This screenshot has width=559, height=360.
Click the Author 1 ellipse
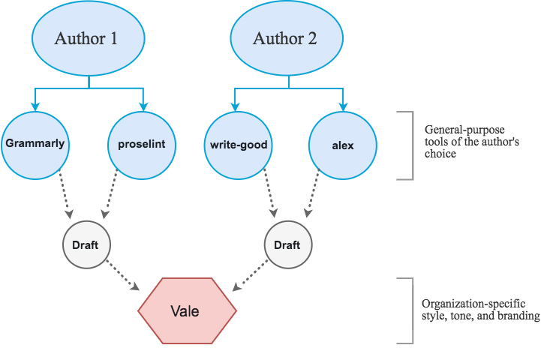(86, 39)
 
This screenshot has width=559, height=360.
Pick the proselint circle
(142, 144)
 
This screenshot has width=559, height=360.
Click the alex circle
(343, 144)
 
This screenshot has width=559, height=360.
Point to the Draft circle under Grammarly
(86, 245)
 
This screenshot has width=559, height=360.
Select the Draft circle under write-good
(287, 245)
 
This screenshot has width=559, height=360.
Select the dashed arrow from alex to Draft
(314, 196)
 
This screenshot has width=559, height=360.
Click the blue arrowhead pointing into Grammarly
(34, 105)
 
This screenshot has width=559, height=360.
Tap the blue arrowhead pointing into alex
(343, 105)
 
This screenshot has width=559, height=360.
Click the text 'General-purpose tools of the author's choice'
(461, 141)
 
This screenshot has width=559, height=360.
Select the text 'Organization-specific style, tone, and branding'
(480, 310)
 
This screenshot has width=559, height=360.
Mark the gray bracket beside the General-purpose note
(410, 145)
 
